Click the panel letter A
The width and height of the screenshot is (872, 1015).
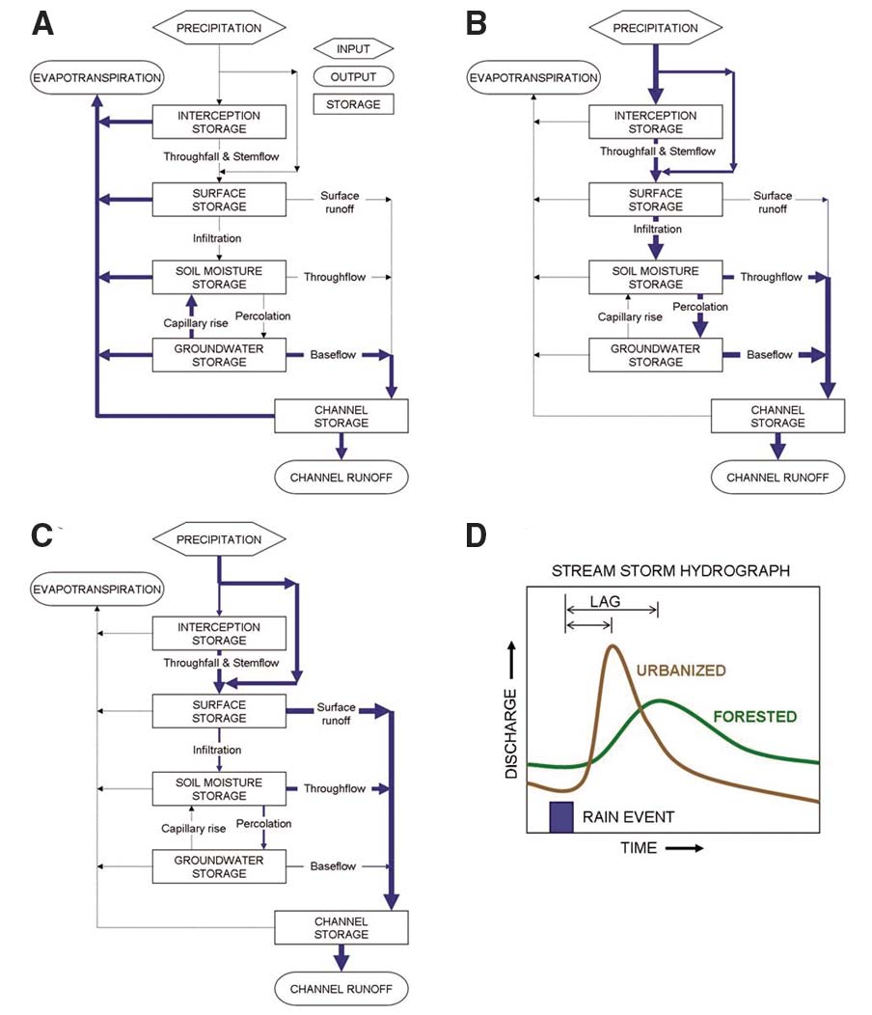point(41,24)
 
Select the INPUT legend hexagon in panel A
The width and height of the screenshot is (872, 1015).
point(355,48)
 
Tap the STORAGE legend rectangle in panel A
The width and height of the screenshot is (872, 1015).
point(355,103)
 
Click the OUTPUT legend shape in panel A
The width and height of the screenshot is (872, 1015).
point(355,76)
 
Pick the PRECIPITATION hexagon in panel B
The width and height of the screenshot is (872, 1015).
point(655,29)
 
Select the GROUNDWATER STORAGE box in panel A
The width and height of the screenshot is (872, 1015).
point(220,355)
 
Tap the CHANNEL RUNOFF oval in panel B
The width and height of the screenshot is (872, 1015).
point(777,476)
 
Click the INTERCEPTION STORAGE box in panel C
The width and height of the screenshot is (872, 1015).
point(220,633)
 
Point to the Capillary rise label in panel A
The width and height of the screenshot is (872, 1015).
point(197,323)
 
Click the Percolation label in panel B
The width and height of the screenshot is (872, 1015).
point(700,306)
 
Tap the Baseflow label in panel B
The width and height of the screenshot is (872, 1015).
point(770,355)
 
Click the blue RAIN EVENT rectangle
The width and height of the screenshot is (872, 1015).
point(561,816)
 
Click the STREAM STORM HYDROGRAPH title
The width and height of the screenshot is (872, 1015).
point(671,571)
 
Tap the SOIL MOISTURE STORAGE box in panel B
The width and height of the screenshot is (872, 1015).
point(656,278)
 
